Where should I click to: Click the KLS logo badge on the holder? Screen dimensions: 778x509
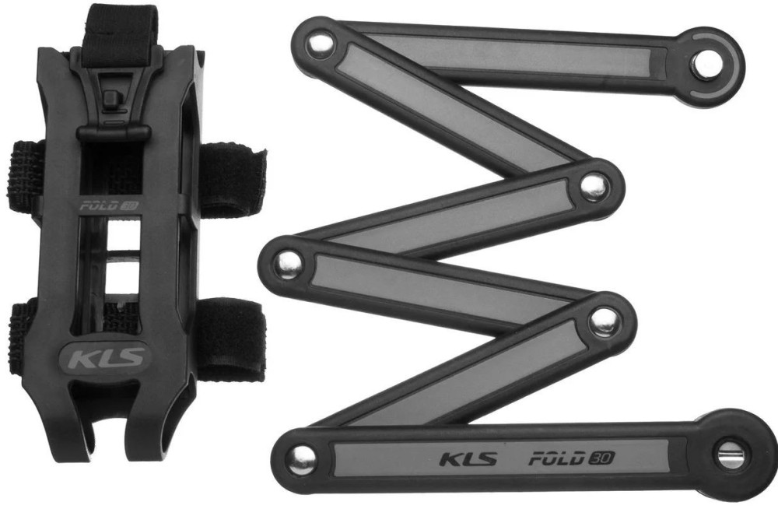[x=103, y=357]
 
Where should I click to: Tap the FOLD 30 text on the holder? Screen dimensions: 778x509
[x=109, y=204]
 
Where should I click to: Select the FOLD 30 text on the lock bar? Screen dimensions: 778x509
[x=571, y=458]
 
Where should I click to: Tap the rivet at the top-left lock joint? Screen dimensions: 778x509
[x=318, y=44]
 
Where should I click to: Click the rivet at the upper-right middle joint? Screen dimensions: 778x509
[x=594, y=187]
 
